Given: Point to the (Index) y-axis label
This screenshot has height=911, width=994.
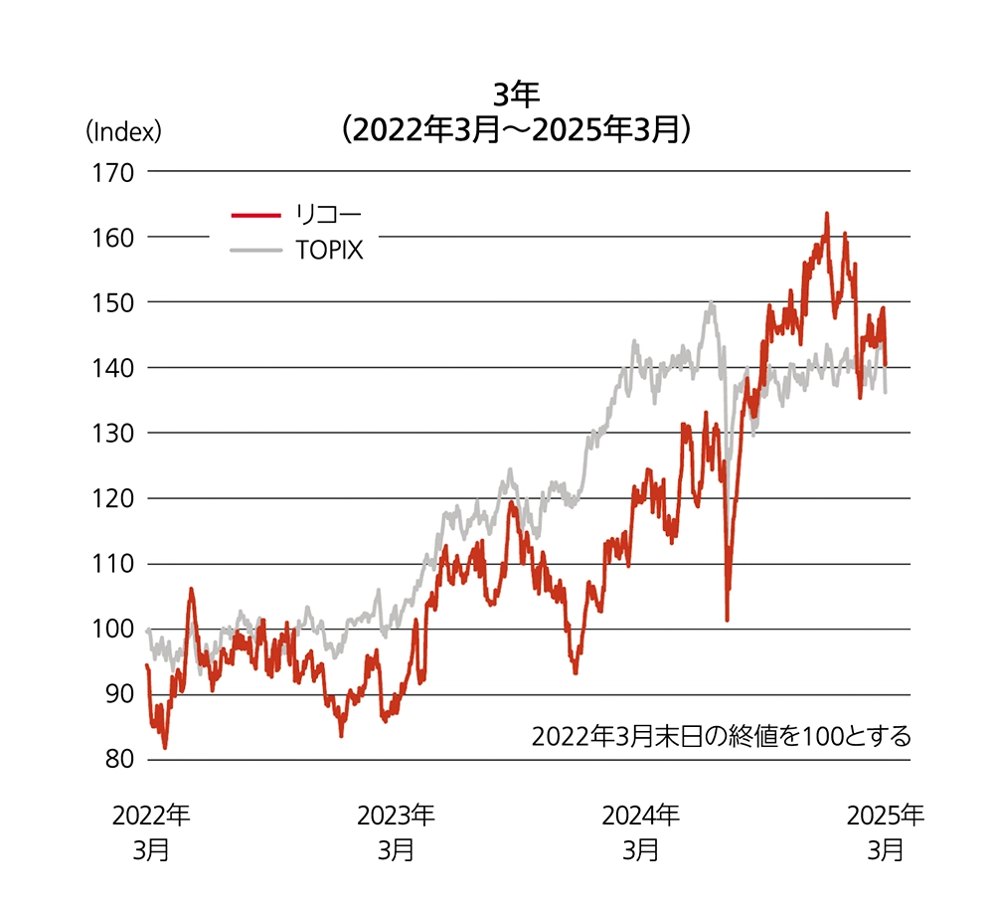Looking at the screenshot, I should [122, 130].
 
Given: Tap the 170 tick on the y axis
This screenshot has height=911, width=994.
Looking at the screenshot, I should [113, 172].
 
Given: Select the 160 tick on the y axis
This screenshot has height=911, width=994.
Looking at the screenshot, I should [113, 238].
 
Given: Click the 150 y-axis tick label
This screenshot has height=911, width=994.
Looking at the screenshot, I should [113, 302].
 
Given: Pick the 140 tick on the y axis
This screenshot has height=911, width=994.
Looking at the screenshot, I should [113, 368].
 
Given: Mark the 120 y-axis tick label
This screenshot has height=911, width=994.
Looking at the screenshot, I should [113, 498].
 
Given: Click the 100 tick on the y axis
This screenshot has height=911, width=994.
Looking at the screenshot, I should [113, 630].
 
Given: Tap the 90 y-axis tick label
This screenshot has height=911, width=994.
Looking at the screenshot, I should [117, 694].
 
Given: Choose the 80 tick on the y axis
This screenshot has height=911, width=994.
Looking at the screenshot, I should [117, 760].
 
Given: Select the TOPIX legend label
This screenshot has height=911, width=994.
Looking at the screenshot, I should [329, 251].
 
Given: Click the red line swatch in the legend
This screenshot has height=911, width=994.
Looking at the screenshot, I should [254, 213].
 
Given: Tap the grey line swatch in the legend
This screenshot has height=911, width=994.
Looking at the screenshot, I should [254, 251].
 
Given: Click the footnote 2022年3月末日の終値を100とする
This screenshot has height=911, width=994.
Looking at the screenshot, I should [721, 737].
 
